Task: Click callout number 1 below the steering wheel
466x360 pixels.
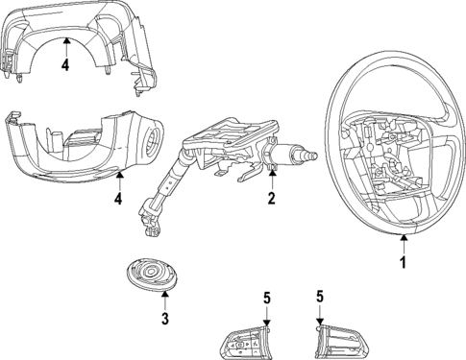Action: [x=403, y=259]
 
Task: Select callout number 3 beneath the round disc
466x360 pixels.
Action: [x=164, y=318]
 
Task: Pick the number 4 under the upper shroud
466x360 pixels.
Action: [x=64, y=66]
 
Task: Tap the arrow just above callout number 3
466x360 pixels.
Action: [x=164, y=295]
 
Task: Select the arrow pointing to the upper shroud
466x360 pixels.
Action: [x=64, y=43]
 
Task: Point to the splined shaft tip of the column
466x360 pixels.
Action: [x=309, y=154]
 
